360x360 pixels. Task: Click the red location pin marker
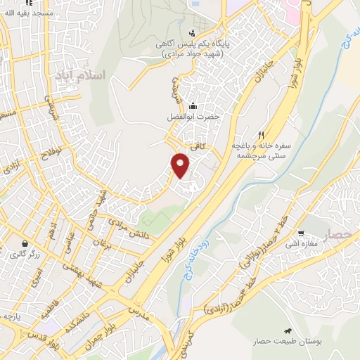coord(181,164)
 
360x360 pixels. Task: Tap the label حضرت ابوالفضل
coord(193,117)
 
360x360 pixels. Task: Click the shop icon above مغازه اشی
coord(300,233)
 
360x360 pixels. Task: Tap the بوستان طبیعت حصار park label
coord(286,342)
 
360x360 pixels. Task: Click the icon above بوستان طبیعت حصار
coord(287,330)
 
